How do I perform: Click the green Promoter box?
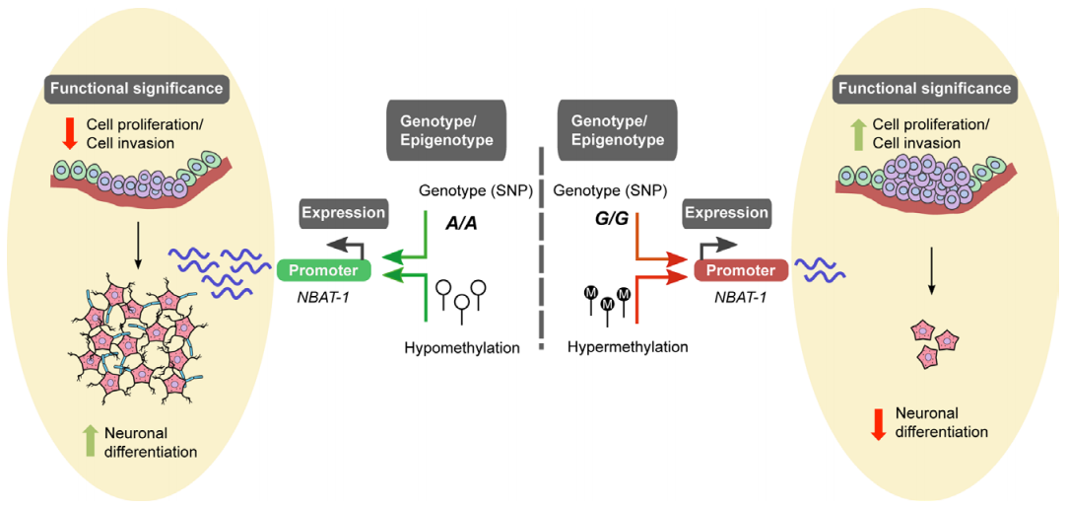pyautogui.click(x=323, y=271)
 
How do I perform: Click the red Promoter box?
pyautogui.click(x=741, y=271)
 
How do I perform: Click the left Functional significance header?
pyautogui.click(x=136, y=89)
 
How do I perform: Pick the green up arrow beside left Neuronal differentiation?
pyautogui.click(x=90, y=441)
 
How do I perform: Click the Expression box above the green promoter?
pyautogui.click(x=343, y=213)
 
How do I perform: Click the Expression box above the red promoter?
pyautogui.click(x=725, y=213)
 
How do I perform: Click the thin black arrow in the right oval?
pyautogui.click(x=931, y=280)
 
